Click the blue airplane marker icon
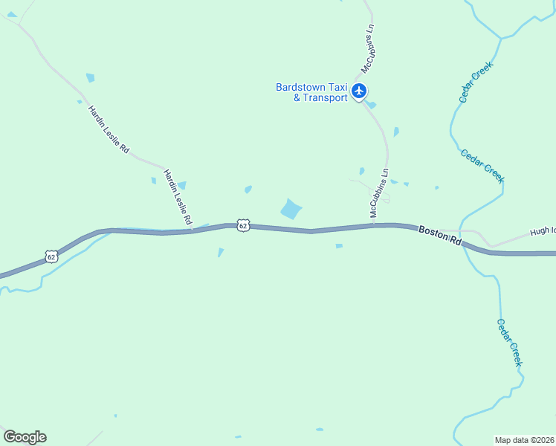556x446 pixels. (360, 91)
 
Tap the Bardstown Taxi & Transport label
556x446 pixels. (311, 92)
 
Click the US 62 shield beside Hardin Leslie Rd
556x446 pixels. (243, 224)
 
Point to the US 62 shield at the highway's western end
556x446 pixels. (51, 256)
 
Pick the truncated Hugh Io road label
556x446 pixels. (543, 231)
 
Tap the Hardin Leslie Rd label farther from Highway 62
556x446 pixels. (109, 129)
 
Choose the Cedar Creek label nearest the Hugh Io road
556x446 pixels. (482, 166)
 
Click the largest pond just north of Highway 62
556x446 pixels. (291, 209)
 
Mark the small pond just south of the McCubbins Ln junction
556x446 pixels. (339, 246)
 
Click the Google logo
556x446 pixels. (25, 437)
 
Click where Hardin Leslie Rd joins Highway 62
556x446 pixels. (193, 229)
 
